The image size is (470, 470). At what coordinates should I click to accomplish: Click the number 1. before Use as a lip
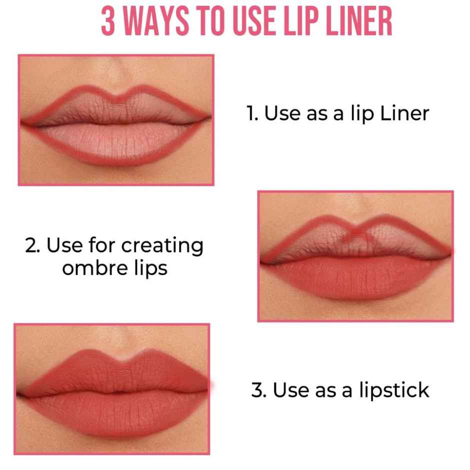click(252, 113)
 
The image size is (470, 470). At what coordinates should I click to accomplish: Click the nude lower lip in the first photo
click(116, 145)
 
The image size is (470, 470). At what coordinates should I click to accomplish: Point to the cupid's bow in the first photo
click(116, 95)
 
